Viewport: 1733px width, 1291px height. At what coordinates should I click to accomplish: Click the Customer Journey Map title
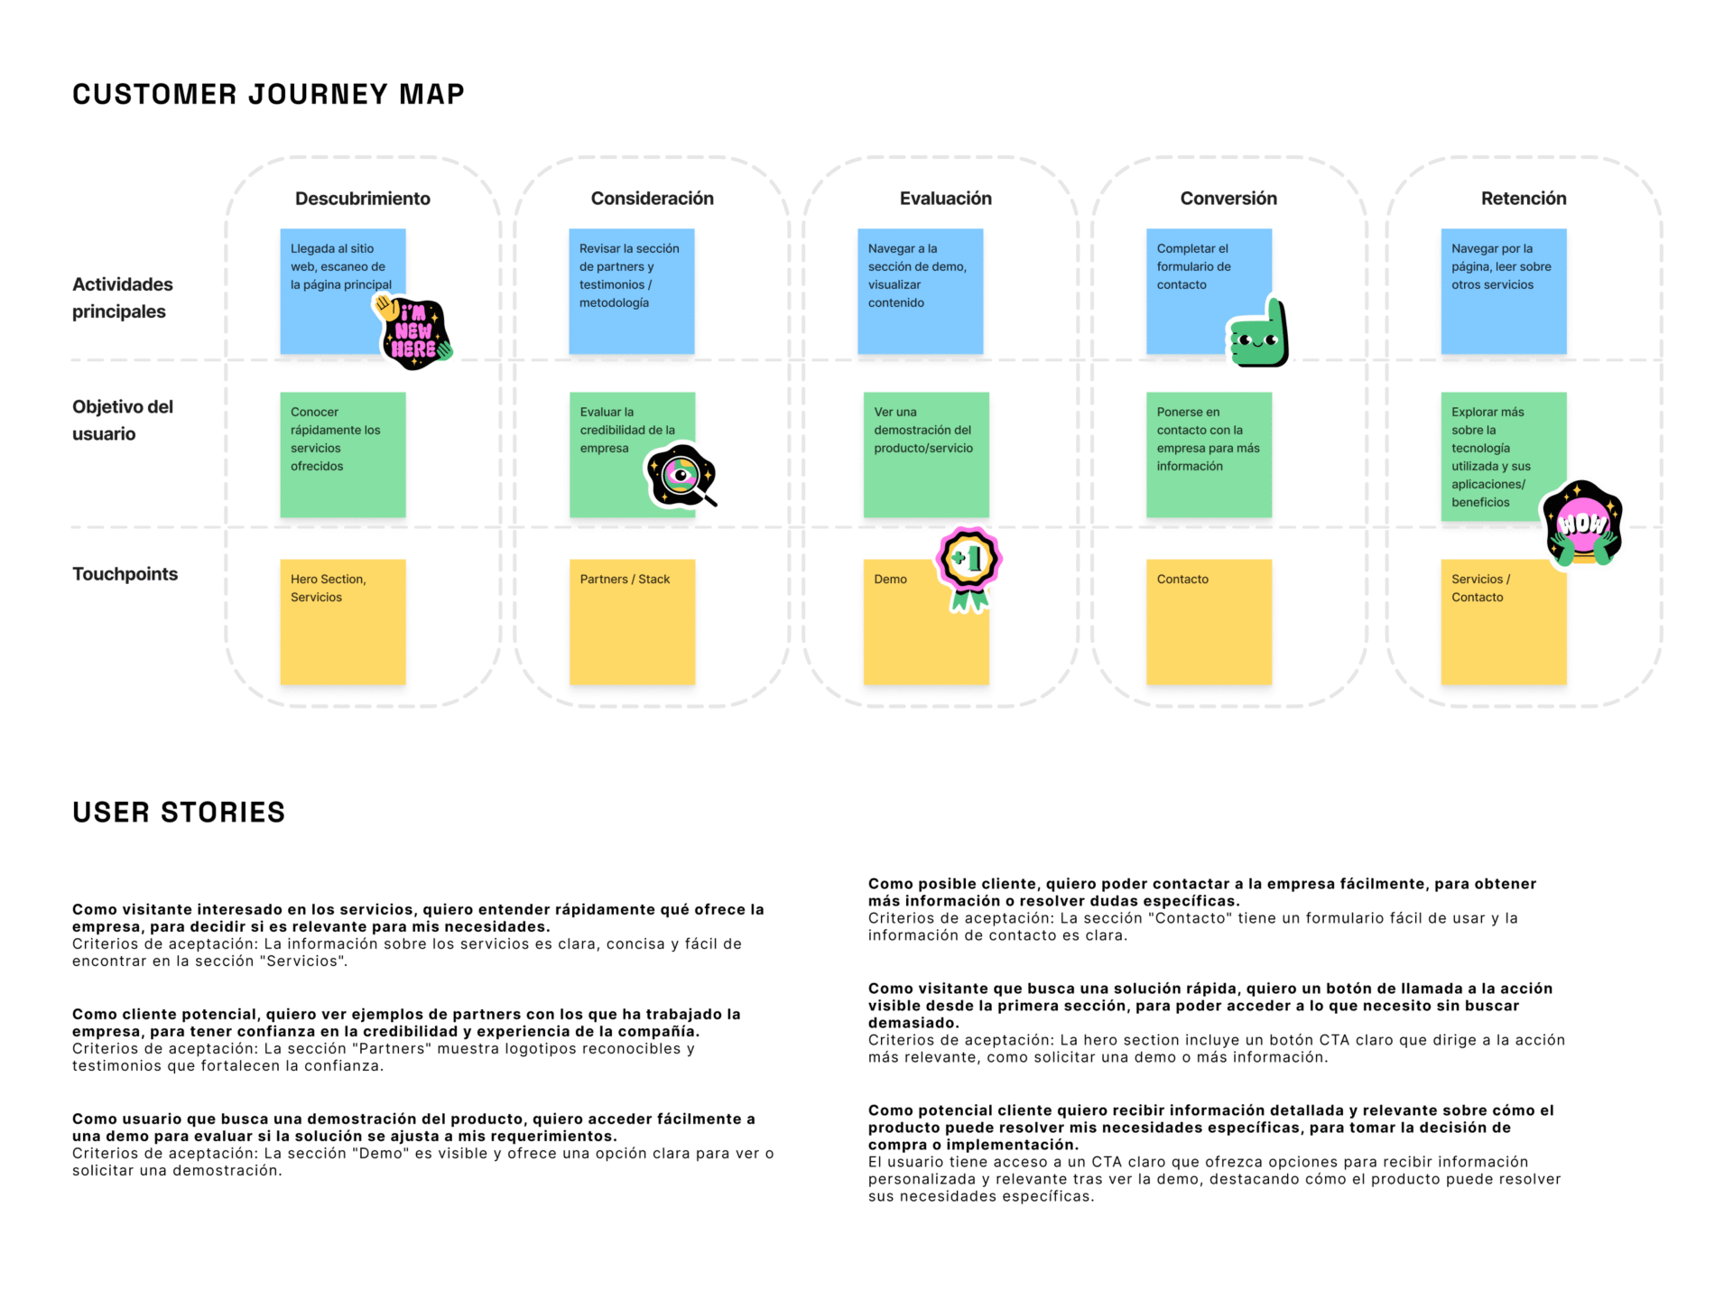click(268, 94)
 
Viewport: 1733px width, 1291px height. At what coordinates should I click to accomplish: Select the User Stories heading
click(179, 813)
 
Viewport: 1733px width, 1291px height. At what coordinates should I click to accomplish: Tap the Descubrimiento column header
click(362, 199)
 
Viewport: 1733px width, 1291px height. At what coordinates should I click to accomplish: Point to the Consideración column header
click(652, 199)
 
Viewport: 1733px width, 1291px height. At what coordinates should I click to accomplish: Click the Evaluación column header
click(945, 199)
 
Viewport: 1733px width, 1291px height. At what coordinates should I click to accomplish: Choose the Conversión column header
click(1228, 199)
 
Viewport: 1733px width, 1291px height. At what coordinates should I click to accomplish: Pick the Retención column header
click(1523, 199)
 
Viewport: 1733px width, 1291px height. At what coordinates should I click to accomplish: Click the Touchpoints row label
click(125, 574)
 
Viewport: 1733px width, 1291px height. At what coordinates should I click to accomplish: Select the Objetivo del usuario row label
click(122, 421)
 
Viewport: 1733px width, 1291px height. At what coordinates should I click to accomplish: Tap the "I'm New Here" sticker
click(413, 333)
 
